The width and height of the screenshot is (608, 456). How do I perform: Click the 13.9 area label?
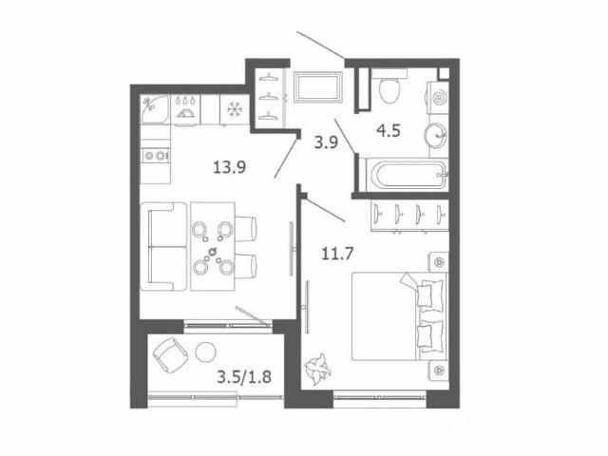pyautogui.click(x=230, y=167)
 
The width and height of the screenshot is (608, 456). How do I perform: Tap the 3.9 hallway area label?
pyautogui.click(x=326, y=142)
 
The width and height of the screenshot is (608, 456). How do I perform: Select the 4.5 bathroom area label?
pyautogui.click(x=389, y=131)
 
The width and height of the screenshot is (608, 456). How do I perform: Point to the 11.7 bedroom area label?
pyautogui.click(x=337, y=254)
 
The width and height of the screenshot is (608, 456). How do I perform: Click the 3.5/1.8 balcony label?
pyautogui.click(x=244, y=376)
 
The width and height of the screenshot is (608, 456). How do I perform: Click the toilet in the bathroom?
pyautogui.click(x=389, y=86)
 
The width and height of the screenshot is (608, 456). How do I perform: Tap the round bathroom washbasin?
pyautogui.click(x=436, y=135)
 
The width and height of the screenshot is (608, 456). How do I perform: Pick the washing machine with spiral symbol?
pyautogui.click(x=438, y=97)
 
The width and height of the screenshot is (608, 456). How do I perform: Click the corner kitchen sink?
pyautogui.click(x=155, y=110)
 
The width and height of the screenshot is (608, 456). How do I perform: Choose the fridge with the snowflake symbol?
pyautogui.click(x=235, y=110)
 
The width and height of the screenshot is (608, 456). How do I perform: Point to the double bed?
pyautogui.click(x=400, y=316)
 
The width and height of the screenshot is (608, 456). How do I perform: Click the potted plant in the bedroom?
pyautogui.click(x=318, y=369)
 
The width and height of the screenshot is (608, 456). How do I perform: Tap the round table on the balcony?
pyautogui.click(x=205, y=352)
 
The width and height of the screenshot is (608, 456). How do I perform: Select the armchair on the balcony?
pyautogui.click(x=171, y=354)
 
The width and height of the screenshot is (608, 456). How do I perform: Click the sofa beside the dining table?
pyautogui.click(x=163, y=246)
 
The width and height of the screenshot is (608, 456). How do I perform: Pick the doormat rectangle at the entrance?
pyautogui.click(x=318, y=87)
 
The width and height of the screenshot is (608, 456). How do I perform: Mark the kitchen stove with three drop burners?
pyautogui.click(x=186, y=110)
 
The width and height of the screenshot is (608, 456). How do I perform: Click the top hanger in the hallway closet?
pyautogui.click(x=269, y=77)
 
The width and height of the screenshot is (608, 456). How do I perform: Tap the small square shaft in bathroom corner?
pyautogui.click(x=444, y=74)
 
